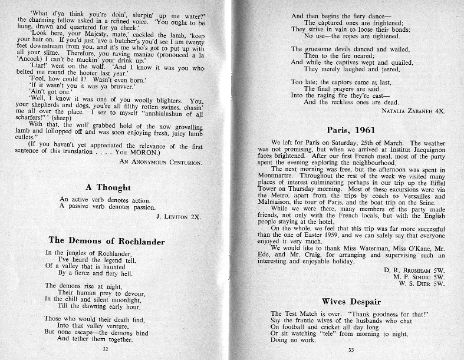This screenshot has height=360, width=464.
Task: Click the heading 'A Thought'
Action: [x=108, y=187]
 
